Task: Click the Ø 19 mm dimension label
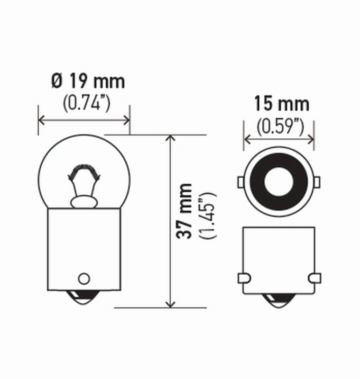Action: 88,81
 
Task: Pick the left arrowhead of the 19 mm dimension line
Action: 41,119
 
